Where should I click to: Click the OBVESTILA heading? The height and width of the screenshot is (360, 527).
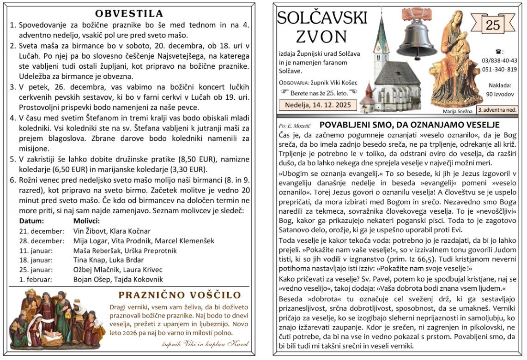point(129,13)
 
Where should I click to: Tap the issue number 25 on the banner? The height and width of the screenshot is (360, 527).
point(493,25)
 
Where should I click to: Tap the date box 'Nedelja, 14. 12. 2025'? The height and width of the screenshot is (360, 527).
point(318,105)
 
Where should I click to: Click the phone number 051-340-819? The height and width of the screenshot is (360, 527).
point(499,69)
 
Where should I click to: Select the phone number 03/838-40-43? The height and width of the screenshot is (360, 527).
point(499,60)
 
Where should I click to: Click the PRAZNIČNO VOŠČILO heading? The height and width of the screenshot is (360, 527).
point(180,295)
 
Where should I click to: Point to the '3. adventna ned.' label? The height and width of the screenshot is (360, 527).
point(497,110)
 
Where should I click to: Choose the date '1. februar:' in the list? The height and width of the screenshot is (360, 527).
point(36,279)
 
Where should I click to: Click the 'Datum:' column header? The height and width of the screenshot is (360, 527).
point(31,221)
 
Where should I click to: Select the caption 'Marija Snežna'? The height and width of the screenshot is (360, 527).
point(458,111)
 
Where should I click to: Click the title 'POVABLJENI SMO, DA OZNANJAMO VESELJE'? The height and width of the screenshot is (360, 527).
point(409,125)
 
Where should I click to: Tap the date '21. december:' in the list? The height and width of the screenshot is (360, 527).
point(42,231)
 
